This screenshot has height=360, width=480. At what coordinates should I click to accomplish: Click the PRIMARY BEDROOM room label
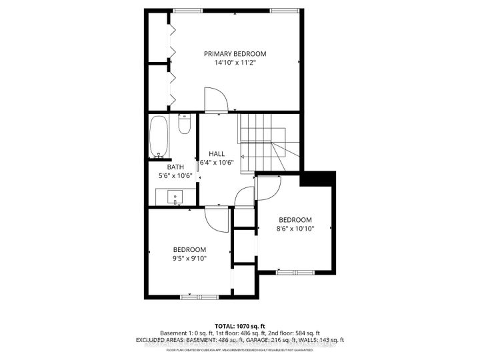click(235, 54)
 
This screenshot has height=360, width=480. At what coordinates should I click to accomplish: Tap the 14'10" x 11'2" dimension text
click(235, 63)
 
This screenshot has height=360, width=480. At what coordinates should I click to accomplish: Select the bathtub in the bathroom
click(159, 137)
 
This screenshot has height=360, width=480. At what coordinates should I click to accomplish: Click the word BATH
click(175, 167)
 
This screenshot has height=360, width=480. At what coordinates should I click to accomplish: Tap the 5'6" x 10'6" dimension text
click(175, 176)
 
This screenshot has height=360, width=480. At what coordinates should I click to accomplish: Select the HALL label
click(217, 153)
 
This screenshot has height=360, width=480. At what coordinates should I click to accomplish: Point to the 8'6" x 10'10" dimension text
click(295, 229)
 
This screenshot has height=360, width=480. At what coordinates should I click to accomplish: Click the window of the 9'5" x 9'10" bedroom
click(199, 296)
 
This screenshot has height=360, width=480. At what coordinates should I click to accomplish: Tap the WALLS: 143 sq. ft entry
click(322, 341)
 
